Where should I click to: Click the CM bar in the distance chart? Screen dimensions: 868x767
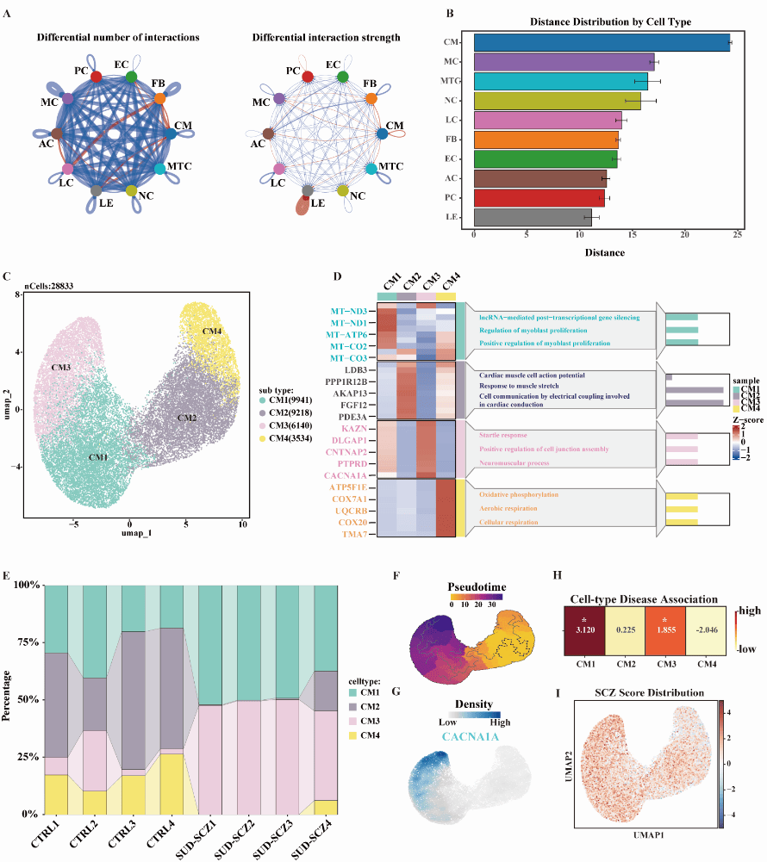[x=602, y=42]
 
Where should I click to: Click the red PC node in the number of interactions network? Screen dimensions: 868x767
[x=97, y=77]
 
